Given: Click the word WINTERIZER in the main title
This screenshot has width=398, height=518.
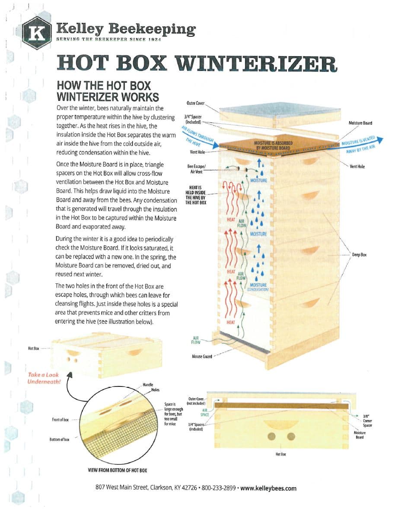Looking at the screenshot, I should point(256,63).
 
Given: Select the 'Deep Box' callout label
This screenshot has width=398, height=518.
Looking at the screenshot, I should point(359,255).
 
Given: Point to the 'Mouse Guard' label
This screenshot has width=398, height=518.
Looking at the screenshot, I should point(202,357).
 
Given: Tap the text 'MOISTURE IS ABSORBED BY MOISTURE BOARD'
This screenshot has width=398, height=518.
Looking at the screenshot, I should point(272,145).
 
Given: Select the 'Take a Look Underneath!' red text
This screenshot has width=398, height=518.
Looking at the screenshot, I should point(44,378).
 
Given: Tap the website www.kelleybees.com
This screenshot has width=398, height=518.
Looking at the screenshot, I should point(268,488).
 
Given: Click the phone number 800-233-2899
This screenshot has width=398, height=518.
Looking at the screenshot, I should point(218,488).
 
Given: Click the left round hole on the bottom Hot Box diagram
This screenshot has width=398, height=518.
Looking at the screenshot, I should point(273,435).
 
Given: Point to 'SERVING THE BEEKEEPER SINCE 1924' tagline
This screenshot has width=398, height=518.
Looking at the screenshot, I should point(108,40).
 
